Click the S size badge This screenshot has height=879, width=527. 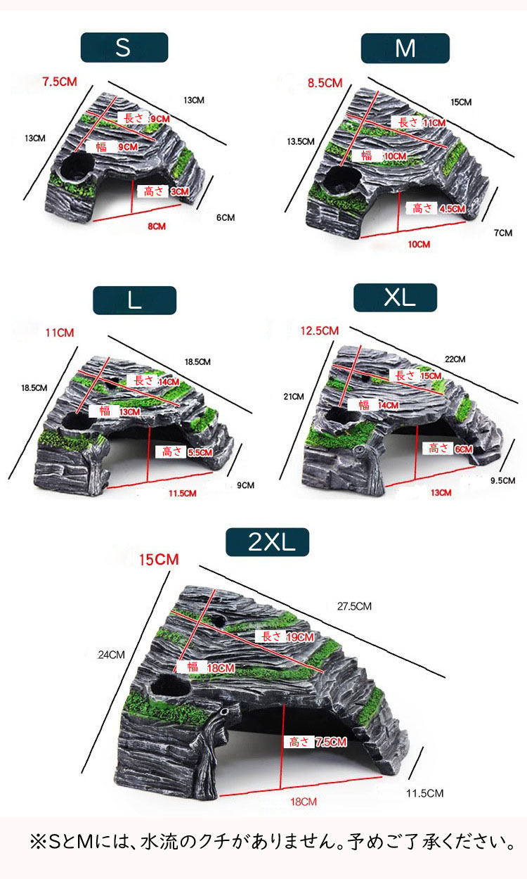coord(124,48)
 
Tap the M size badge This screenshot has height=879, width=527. coord(405,49)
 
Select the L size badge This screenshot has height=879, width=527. coord(134,300)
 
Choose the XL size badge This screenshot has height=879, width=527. coord(395,297)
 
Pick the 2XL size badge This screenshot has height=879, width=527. coord(268,542)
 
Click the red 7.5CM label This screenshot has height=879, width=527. coord(60,82)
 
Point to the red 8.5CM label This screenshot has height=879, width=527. coord(325,83)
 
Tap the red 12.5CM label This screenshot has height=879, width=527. coord(320,331)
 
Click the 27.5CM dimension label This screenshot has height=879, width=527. coord(354,606)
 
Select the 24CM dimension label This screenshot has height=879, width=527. coord(111,655)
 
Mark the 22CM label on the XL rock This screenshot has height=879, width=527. coord(455,359)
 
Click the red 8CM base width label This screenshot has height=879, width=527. coord(157,226)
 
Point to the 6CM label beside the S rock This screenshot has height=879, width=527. coord(226,217)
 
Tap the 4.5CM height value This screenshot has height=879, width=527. coord(453,208)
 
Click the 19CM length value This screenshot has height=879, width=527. coord(300,636)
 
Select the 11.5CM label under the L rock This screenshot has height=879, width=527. coord(182,493)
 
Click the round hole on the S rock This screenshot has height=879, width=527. coord(77,166)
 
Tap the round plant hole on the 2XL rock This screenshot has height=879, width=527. coord(170,685)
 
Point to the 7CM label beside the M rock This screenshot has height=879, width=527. coord(503,233)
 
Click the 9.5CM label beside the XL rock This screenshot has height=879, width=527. coord(502,480)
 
